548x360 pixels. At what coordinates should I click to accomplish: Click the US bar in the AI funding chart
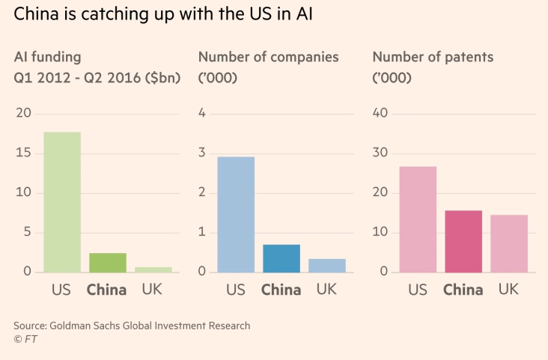[x=61, y=202]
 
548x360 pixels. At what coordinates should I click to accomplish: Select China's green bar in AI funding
[x=107, y=263]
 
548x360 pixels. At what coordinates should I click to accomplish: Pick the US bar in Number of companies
[x=236, y=214]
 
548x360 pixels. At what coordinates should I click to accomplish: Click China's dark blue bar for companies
[x=281, y=258]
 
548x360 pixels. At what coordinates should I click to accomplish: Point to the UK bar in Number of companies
[x=327, y=265]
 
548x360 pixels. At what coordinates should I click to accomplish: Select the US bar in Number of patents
[x=418, y=219]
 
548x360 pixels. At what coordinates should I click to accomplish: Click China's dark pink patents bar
[x=463, y=241]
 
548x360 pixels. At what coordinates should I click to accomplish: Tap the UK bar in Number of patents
[x=509, y=243]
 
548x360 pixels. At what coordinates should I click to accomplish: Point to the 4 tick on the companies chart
[x=202, y=113]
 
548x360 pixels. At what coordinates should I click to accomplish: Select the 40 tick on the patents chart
[x=380, y=113]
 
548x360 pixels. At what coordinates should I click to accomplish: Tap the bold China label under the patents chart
[x=463, y=290]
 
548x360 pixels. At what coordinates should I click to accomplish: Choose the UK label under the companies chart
[x=327, y=289]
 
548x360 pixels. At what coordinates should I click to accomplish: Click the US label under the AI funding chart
[x=61, y=290]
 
